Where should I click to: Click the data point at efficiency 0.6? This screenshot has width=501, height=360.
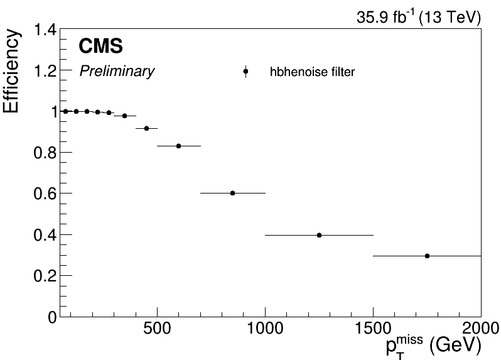tap(232, 193)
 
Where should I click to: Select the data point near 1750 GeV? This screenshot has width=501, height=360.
tap(427, 256)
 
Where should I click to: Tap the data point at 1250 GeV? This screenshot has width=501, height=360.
tap(319, 235)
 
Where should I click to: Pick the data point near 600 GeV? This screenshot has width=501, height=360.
tap(178, 146)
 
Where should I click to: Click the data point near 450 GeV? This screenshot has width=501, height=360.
tap(146, 128)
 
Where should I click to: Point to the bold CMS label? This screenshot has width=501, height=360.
tap(100, 46)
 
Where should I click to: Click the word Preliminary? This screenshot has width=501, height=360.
tap(117, 72)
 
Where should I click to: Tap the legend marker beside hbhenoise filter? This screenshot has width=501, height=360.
tap(245, 72)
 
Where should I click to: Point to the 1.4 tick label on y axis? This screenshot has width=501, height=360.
tap(45, 30)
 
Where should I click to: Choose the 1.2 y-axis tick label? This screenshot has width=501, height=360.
tap(45, 71)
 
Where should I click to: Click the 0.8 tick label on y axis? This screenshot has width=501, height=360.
tap(45, 153)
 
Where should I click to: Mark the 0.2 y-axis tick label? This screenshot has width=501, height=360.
tap(45, 276)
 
